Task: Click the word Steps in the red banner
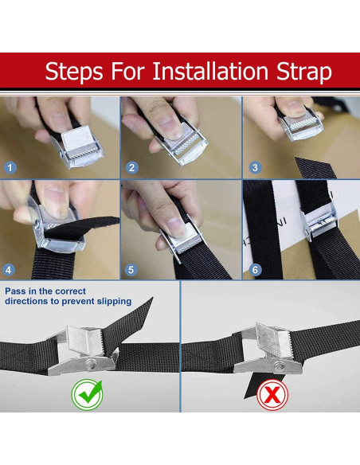(x=74, y=72)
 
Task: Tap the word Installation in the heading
(x=210, y=71)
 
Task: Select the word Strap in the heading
(x=304, y=72)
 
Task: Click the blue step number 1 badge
(x=10, y=167)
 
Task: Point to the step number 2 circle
(x=132, y=167)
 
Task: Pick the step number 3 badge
(x=255, y=167)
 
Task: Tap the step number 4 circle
(x=9, y=270)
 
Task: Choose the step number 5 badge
(x=131, y=270)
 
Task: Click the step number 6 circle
(x=255, y=270)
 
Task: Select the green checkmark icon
(x=87, y=395)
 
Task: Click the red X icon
(x=272, y=395)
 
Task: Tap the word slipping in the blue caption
(x=114, y=301)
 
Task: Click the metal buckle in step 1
(x=79, y=147)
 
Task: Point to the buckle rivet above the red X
(x=279, y=366)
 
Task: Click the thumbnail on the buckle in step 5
(x=177, y=228)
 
